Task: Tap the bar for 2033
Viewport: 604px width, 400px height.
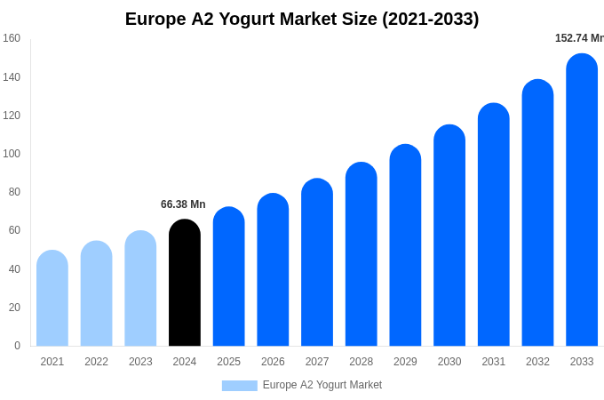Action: (582, 200)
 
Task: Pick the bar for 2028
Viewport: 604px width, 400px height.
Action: (362, 254)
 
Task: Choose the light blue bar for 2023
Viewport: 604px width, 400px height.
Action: (140, 288)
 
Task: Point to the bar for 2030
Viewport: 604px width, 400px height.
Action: (449, 236)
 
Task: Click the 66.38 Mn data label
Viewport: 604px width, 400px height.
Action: (183, 204)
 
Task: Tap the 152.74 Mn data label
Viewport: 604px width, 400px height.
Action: (579, 38)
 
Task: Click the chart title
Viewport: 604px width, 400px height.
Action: (302, 19)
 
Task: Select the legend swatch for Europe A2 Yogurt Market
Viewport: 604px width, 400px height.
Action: (239, 386)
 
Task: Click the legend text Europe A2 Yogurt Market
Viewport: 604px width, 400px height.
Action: (322, 385)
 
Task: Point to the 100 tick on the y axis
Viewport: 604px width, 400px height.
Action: (12, 154)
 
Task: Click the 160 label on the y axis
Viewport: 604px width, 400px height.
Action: (12, 38)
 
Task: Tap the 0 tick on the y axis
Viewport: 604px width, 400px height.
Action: (17, 346)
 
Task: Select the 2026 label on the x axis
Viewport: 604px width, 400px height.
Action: (273, 362)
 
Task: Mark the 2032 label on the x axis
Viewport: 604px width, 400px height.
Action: (537, 362)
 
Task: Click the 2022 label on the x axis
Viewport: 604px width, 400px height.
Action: (96, 362)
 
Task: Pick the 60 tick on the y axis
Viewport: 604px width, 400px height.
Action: (14, 230)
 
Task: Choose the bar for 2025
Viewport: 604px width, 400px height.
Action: (229, 276)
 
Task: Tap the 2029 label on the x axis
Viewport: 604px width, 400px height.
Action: (405, 362)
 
